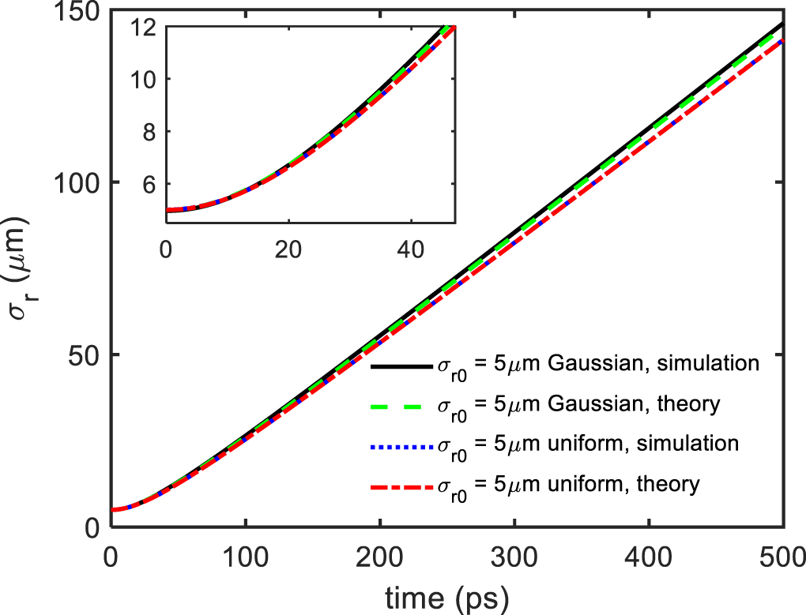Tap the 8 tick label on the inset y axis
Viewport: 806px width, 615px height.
click(x=150, y=132)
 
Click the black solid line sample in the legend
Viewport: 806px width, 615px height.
click(x=400, y=366)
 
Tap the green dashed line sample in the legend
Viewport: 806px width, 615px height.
click(x=400, y=405)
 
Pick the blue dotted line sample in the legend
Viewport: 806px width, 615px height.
click(x=400, y=444)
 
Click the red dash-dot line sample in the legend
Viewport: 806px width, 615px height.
click(x=400, y=484)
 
